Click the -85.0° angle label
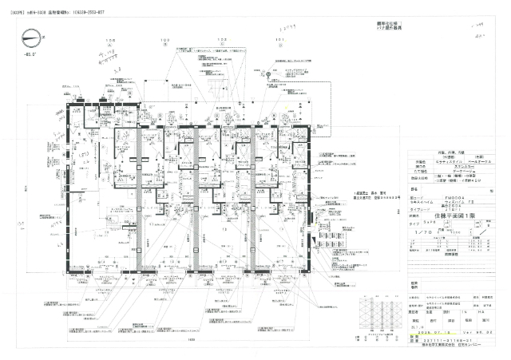tap(32, 55)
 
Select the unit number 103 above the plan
tap(166, 39)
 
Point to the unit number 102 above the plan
tap(223, 39)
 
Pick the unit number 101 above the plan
tap(279, 39)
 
